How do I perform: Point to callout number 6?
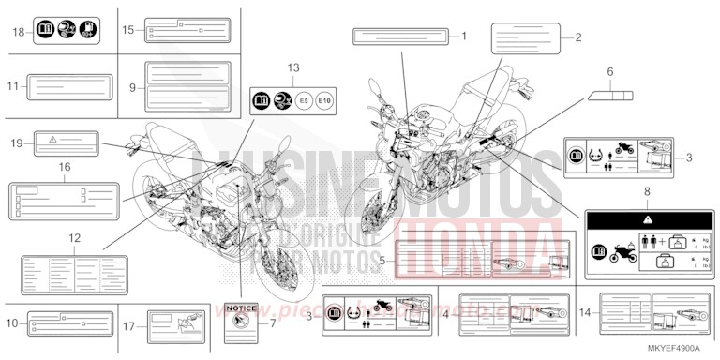[x=609, y=70]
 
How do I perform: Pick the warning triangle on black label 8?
[x=645, y=216]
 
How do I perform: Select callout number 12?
[x=74, y=238]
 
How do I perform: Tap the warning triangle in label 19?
[x=52, y=139]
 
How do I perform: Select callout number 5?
[x=382, y=257]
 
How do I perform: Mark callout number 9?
[x=133, y=86]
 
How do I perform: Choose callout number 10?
[x=11, y=323]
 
